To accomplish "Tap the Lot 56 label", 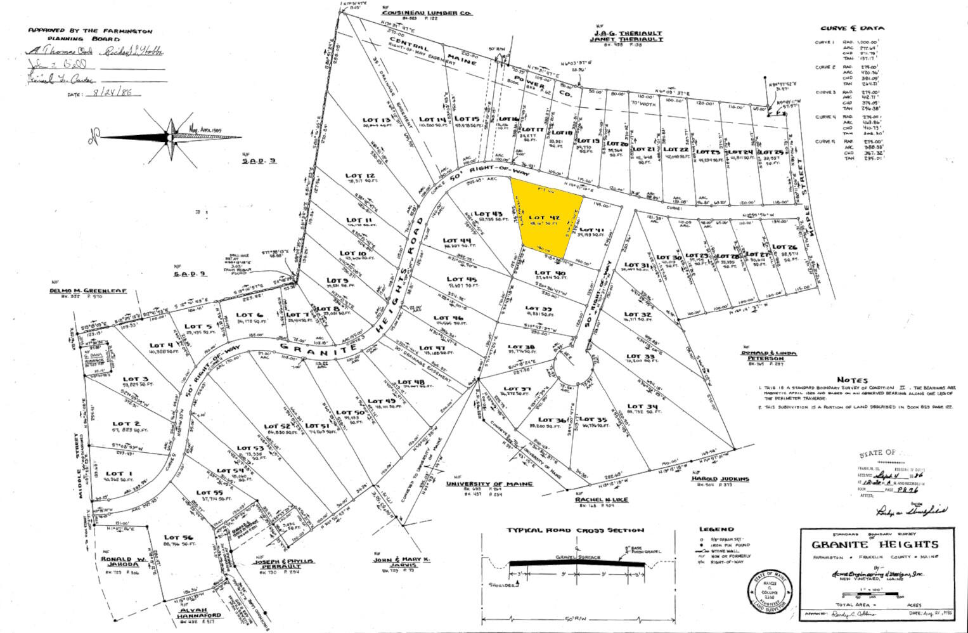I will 178,537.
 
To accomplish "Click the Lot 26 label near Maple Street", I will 784,247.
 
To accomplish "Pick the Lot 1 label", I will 115,474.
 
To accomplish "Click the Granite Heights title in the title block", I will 865,544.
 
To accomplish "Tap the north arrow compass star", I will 170,137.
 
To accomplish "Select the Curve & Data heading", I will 852,29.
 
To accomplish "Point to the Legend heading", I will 716,529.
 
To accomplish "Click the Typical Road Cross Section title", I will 574,530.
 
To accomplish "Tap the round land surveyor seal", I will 768,591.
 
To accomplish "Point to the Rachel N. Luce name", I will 602,500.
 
